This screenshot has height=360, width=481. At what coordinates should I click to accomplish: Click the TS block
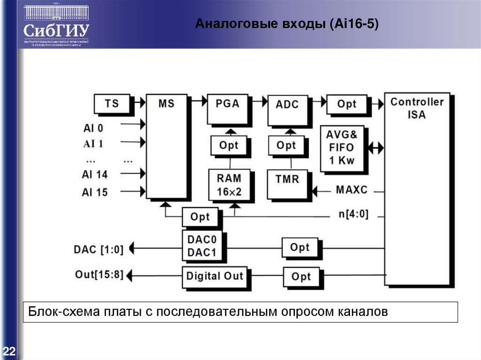[x=112, y=104]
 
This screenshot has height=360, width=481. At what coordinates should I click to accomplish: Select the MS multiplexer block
[x=166, y=146]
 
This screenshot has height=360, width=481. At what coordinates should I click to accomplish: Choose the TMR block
[x=287, y=184]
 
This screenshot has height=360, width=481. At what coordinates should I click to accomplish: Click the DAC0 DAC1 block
[x=202, y=246]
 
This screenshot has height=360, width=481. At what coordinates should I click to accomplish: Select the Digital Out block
[x=214, y=276]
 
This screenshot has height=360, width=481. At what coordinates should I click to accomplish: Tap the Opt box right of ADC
[x=347, y=104]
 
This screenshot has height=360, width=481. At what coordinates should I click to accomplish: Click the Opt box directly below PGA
[x=229, y=146]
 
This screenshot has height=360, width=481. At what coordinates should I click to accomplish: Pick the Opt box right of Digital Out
[x=301, y=276]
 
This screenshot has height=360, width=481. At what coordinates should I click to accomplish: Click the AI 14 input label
[x=94, y=175]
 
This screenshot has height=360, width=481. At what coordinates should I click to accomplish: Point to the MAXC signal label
[x=352, y=190]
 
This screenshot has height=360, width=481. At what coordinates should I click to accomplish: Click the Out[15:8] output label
[x=99, y=274]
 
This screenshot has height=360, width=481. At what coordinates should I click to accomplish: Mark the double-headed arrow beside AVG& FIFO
[x=376, y=147]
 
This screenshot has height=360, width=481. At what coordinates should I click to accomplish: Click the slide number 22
[x=9, y=352]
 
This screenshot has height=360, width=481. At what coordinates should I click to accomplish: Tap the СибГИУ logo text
[x=56, y=31]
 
